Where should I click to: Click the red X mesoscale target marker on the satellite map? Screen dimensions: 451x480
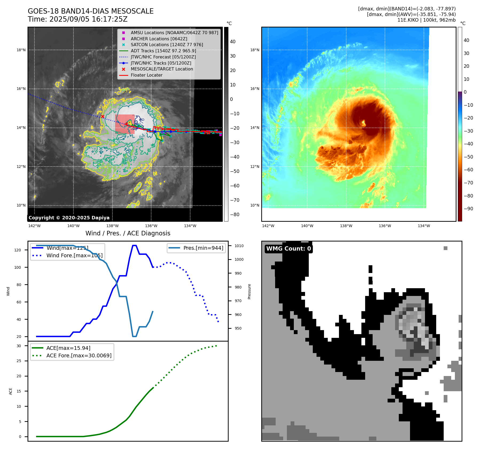[103, 117]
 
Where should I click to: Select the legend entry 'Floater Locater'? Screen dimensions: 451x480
[146, 75]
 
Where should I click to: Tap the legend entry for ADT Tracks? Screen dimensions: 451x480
[163, 51]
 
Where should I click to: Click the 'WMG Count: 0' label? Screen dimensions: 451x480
[288, 249]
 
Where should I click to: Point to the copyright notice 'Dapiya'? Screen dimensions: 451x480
[69, 218]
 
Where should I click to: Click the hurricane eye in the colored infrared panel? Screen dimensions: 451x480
[364, 123]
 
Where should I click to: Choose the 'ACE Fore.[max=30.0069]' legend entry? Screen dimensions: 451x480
[79, 355]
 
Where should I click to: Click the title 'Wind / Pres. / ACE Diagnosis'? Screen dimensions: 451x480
[128, 233]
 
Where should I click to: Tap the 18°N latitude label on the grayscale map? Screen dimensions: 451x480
[21, 50]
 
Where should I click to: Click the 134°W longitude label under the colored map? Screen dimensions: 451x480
[424, 226]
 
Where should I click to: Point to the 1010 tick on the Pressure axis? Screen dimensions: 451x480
[239, 246]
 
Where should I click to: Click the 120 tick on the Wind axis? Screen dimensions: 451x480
[18, 250]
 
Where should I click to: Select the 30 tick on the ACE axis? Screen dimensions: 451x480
[19, 346]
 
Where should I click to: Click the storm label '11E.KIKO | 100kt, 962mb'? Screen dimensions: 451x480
[426, 20]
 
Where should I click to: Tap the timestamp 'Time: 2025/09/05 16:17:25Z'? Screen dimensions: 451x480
[77, 19]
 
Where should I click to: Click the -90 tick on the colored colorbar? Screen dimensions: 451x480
[468, 209]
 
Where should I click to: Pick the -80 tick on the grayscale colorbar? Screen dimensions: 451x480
[235, 215]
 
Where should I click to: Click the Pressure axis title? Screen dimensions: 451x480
[249, 291]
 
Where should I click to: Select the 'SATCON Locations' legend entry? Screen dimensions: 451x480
[167, 45]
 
